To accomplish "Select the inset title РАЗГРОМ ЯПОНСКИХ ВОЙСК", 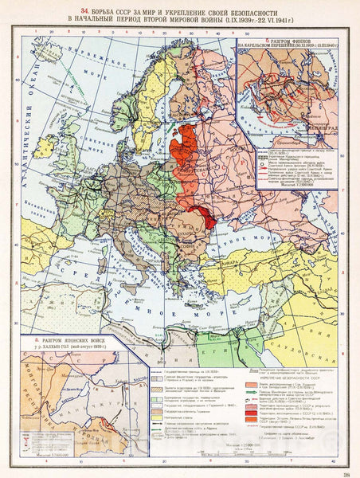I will (x=71, y=339).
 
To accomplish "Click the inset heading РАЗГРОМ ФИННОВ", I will (x=295, y=39).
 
